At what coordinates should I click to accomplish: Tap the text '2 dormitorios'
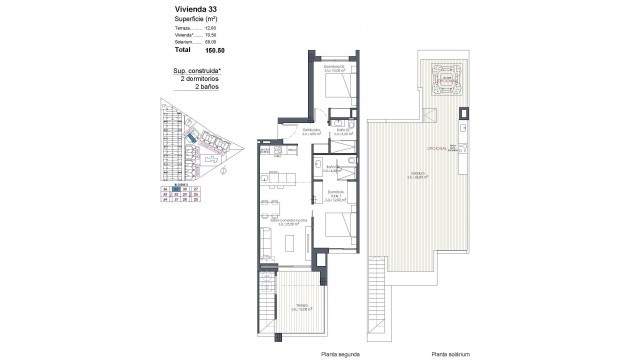click(198, 78)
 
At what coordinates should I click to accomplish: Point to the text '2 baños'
click(207, 86)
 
